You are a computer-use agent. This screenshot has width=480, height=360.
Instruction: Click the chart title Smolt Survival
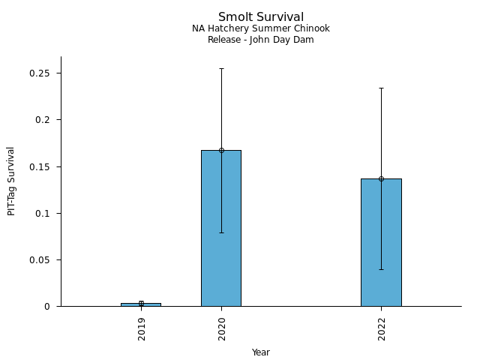pos(260,16)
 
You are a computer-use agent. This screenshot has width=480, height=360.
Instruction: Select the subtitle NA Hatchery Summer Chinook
pos(260,28)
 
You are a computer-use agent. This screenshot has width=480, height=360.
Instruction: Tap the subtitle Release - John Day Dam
pos(260,40)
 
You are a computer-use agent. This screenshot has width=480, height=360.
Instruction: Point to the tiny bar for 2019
pos(141,304)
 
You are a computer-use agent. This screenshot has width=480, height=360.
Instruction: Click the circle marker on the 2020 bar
pos(221,150)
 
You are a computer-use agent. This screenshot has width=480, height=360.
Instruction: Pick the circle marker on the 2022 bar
pos(381,178)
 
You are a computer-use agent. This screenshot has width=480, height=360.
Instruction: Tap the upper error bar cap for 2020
pos(221,68)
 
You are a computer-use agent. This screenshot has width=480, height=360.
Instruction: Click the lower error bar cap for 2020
pos(221,232)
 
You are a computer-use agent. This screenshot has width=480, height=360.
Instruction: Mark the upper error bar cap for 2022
pos(381,88)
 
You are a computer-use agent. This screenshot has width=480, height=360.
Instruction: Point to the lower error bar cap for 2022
pos(381,269)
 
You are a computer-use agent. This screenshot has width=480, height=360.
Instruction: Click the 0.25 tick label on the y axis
pos(39,73)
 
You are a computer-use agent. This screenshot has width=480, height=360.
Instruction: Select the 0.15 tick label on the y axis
pos(39,166)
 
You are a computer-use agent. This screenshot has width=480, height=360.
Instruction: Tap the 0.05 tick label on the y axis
pos(39,260)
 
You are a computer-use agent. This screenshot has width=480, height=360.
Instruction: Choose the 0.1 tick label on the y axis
pos(42,213)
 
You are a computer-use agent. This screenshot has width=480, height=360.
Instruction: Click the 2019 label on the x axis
pos(142,328)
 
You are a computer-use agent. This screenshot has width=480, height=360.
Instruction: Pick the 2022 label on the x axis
pos(382,328)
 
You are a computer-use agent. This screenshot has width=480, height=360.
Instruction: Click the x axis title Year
pos(260,352)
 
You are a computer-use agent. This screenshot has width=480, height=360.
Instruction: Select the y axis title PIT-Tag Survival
pos(11,181)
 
